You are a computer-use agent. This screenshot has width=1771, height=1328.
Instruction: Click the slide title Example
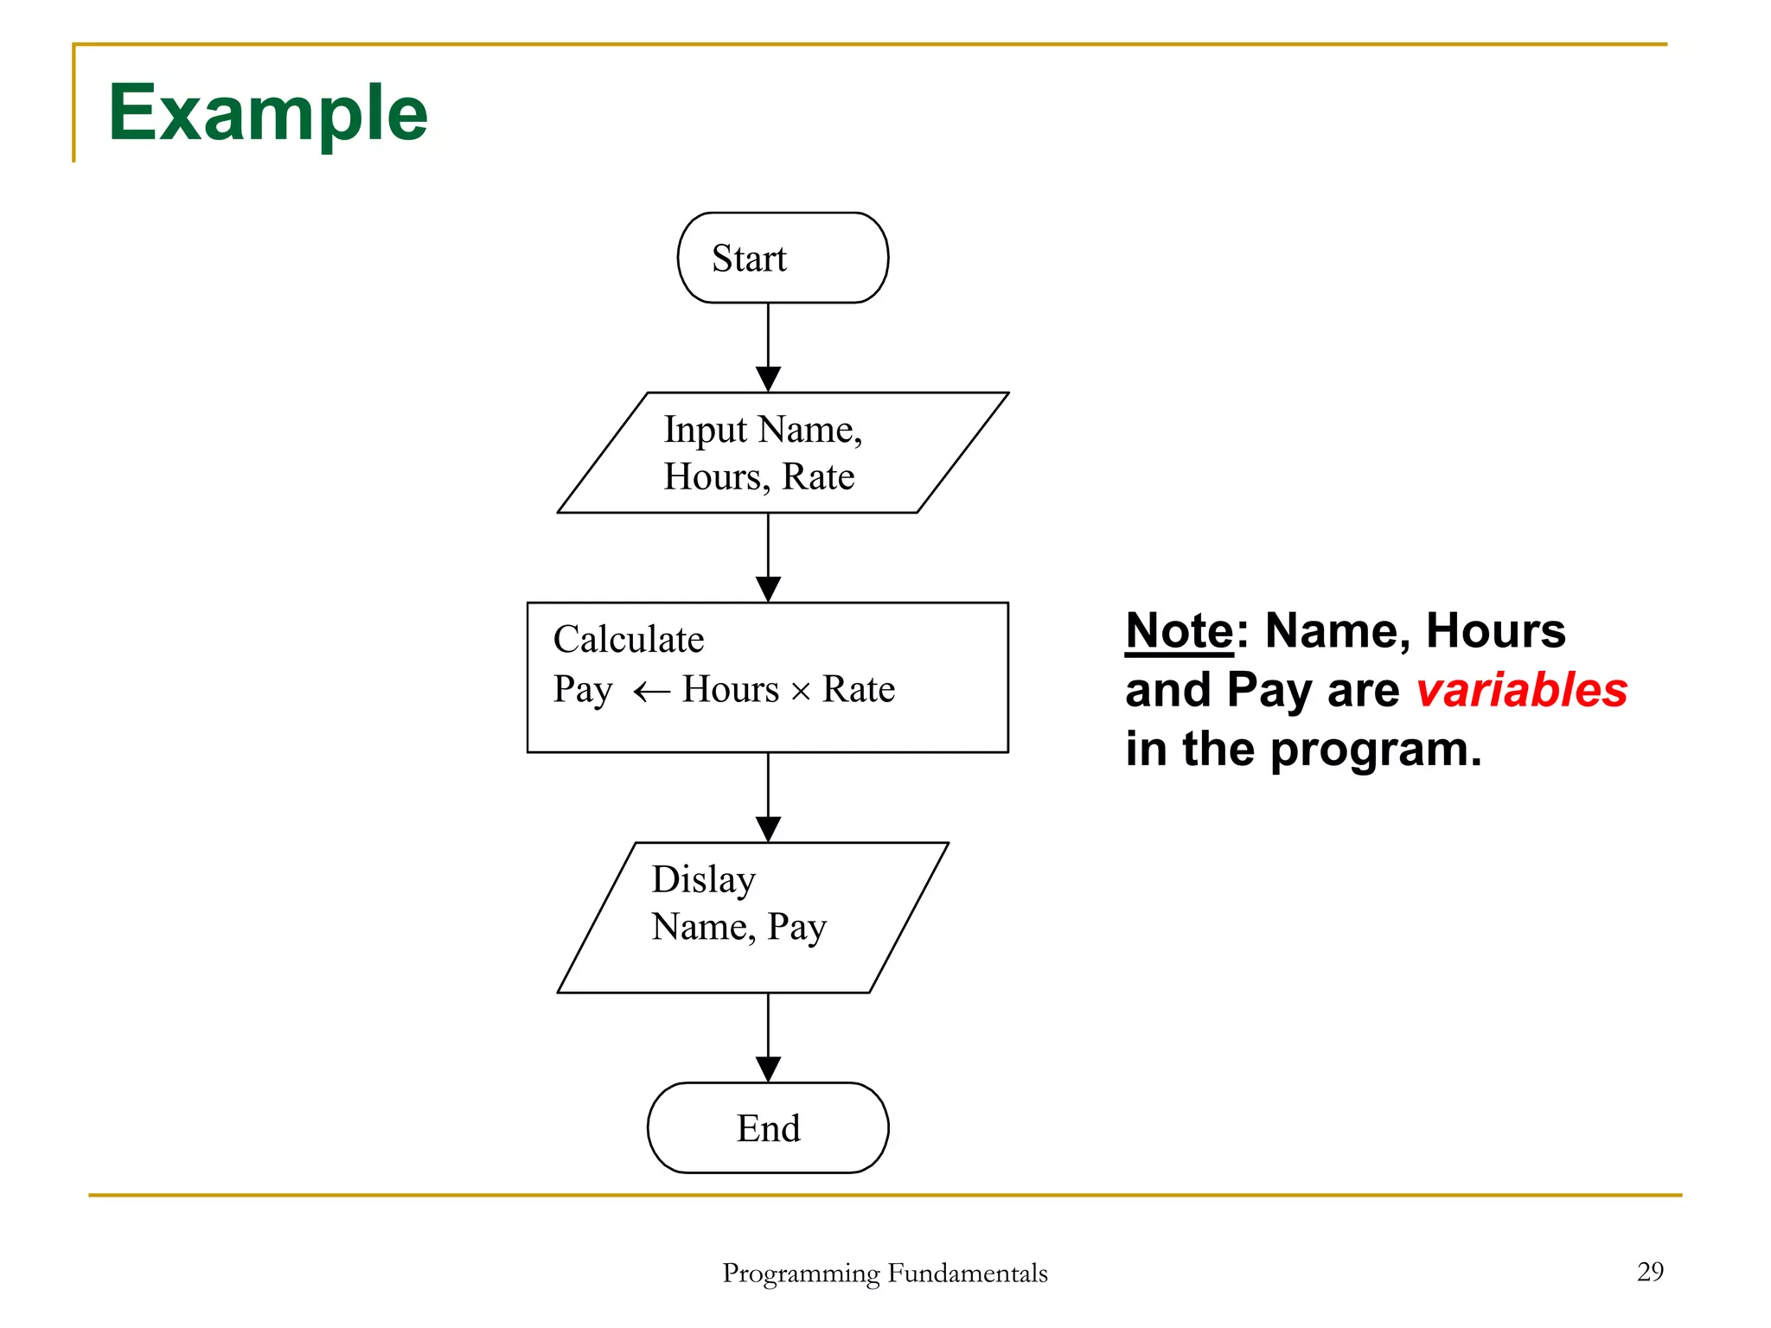(267, 113)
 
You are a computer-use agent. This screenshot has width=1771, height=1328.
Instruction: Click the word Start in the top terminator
(749, 259)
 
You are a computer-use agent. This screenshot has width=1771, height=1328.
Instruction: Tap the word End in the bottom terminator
(768, 1128)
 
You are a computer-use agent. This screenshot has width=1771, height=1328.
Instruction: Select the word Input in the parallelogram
(705, 430)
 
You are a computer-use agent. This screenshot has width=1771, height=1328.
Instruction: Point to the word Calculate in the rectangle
(629, 640)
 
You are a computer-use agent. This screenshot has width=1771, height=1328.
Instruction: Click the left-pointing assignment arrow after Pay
(651, 691)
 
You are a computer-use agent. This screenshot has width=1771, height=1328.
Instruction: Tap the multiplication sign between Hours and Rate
(801, 692)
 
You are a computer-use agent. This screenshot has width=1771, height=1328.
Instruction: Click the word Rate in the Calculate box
(858, 689)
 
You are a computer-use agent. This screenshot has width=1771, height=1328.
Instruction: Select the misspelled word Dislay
(703, 880)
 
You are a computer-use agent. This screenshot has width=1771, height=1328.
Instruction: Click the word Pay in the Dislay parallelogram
(796, 928)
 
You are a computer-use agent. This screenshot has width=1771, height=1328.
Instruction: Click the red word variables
(1521, 690)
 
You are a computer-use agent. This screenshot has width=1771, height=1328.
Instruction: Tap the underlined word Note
(1179, 630)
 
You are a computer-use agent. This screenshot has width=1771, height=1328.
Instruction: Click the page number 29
(1650, 1271)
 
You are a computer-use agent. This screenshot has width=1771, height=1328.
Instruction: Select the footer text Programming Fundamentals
(885, 1273)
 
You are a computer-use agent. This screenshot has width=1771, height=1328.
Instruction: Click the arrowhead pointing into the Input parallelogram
(768, 379)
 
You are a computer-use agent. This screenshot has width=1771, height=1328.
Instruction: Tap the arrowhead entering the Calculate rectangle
(768, 589)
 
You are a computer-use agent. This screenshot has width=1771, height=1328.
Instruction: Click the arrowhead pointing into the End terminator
(768, 1069)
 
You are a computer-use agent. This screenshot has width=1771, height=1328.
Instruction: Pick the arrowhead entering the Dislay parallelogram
(768, 828)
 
